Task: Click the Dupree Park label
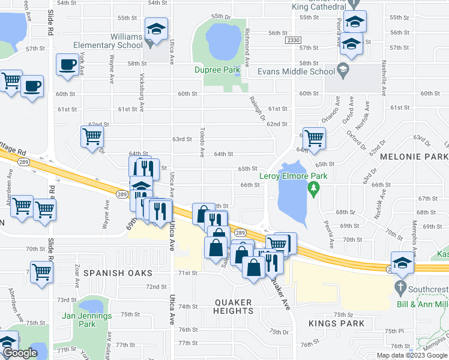217,70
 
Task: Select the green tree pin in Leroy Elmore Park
312,190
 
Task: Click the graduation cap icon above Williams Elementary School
156,30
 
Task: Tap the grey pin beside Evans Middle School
343,70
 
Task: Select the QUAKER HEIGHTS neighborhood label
233,307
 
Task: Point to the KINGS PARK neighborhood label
336,323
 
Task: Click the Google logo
20,353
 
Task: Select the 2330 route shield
293,40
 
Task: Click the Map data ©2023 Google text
412,355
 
